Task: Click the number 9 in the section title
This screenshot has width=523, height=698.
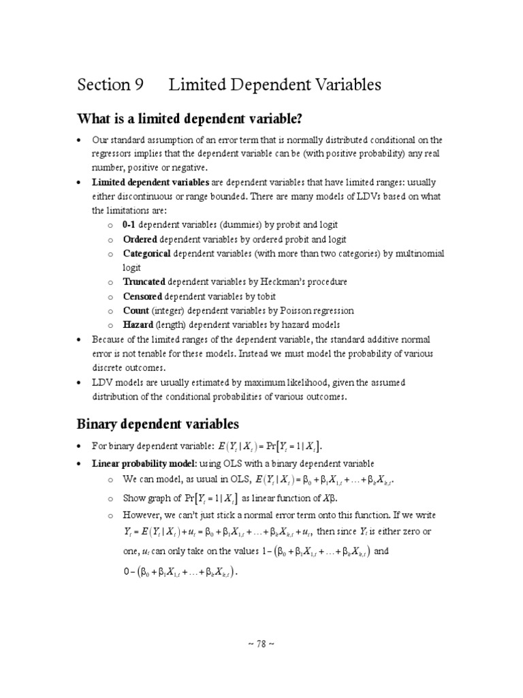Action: (138, 85)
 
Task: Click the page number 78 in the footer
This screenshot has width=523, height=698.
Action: (261, 643)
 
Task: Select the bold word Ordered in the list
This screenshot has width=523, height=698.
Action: (140, 239)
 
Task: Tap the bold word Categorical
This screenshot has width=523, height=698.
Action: (147, 254)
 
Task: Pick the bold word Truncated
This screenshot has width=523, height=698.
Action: (144, 282)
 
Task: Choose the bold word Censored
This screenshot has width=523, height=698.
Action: (142, 297)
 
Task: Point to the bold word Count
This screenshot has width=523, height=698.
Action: (136, 311)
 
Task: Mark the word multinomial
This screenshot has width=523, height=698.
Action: (417, 254)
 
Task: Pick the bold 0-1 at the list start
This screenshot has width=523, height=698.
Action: (129, 225)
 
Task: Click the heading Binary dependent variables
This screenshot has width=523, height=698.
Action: (159, 425)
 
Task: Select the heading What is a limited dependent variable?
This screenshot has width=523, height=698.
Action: (189, 119)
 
